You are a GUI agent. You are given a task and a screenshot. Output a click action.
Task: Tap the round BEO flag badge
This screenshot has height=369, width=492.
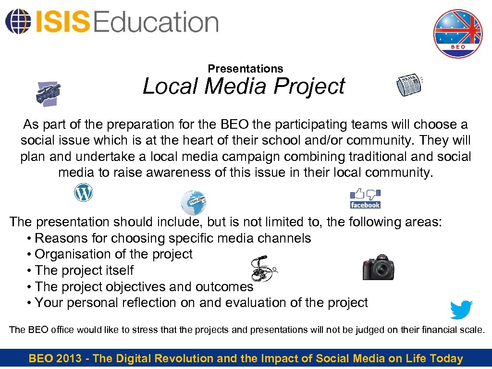click(457, 34)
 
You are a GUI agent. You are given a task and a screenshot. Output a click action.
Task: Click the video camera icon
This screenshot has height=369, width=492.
click(48, 93)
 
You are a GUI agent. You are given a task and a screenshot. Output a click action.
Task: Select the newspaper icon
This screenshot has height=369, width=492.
click(409, 86)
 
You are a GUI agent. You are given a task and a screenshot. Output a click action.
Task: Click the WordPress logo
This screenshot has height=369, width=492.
click(83, 193)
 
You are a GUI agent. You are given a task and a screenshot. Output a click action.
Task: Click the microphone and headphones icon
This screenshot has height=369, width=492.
click(264, 269)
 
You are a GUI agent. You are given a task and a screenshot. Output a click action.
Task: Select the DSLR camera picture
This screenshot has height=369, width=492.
click(378, 266)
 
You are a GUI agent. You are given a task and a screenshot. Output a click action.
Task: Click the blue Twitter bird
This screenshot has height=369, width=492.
click(461, 309)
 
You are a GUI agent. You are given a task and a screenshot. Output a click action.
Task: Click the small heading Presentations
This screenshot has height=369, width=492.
click(246, 69)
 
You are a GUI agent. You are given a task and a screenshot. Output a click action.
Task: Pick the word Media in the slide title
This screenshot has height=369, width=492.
click(237, 86)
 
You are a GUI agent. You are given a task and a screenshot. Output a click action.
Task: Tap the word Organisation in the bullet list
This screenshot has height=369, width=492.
click(74, 254)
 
